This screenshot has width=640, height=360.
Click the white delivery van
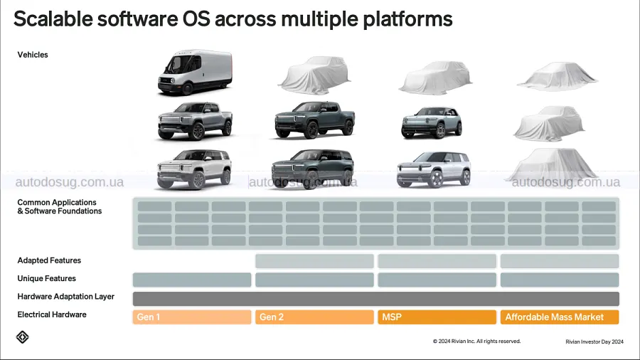pyautogui.click(x=195, y=73)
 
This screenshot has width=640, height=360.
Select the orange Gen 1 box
pyautogui.click(x=192, y=317)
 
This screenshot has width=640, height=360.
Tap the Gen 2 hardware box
pyautogui.click(x=314, y=317)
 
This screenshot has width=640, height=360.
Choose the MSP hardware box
pyautogui.click(x=437, y=317)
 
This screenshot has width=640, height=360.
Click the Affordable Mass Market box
pyautogui.click(x=560, y=317)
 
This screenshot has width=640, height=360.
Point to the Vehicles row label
pyautogui.click(x=33, y=55)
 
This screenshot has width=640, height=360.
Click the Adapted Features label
pyautogui.click(x=49, y=260)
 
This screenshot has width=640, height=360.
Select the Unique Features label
pyautogui.click(x=46, y=278)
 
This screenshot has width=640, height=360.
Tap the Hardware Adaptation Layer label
pyautogui.click(x=65, y=297)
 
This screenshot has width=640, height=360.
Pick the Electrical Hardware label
pyautogui.click(x=52, y=314)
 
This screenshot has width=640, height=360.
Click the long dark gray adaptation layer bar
pyautogui.click(x=376, y=299)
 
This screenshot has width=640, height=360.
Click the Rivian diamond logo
pyautogui.click(x=23, y=337)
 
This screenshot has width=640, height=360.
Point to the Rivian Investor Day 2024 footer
pyautogui.click(x=594, y=342)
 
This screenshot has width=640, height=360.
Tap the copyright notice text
pyautogui.click(x=476, y=342)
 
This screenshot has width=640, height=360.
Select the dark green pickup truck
pyautogui.click(x=314, y=120)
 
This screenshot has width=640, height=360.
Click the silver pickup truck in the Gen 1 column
pyautogui.click(x=195, y=121)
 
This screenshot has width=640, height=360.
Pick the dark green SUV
pyautogui.click(x=313, y=169)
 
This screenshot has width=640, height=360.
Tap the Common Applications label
pyautogui.click(x=60, y=206)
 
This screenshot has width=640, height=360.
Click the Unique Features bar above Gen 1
pyautogui.click(x=192, y=280)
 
